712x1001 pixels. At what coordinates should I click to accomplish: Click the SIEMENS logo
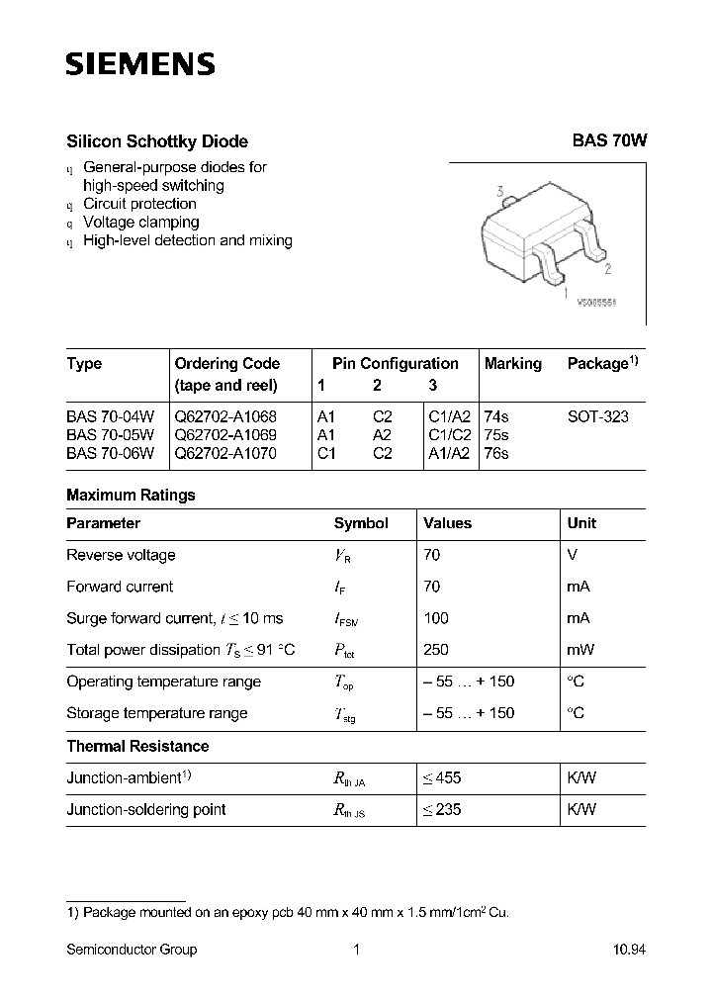tap(139, 65)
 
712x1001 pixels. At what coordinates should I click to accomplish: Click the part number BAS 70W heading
tap(609, 141)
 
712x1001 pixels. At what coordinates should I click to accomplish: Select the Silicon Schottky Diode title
tap(156, 141)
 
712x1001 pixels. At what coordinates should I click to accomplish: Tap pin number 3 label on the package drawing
tap(502, 191)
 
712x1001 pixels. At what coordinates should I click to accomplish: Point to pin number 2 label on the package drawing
tap(607, 268)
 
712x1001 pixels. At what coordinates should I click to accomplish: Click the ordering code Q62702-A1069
tap(225, 435)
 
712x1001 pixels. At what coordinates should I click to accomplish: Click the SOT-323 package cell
tap(597, 417)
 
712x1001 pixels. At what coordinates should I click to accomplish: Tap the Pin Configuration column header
tap(396, 364)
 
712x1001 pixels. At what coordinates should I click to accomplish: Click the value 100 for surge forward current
tap(435, 618)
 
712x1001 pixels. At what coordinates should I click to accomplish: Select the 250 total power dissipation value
tap(435, 650)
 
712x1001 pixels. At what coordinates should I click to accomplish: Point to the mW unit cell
tap(580, 650)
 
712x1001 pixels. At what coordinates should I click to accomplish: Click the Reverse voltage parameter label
tap(121, 555)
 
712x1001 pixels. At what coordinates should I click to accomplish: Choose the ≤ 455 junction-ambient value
tap(442, 777)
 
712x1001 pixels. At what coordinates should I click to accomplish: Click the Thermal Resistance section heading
tap(137, 746)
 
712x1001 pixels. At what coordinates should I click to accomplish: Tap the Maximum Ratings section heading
tap(131, 495)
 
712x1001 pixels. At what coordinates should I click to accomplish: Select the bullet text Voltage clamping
tap(141, 223)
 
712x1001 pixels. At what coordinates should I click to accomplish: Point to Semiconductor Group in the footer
tap(132, 950)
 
